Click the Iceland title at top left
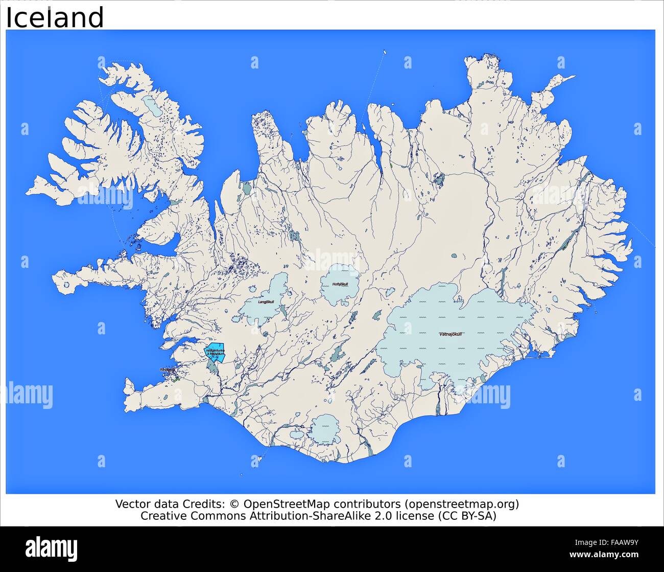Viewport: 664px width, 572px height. (x=55, y=17)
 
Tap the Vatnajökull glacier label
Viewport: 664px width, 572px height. (x=450, y=334)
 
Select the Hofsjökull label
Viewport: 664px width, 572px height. (x=340, y=284)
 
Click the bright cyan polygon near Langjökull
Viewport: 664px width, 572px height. (x=215, y=352)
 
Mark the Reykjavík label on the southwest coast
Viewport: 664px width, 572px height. (x=167, y=370)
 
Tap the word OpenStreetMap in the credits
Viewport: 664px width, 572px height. (x=286, y=504)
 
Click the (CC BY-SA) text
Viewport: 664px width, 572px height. (x=466, y=516)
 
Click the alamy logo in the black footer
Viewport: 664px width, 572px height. (x=52, y=549)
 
